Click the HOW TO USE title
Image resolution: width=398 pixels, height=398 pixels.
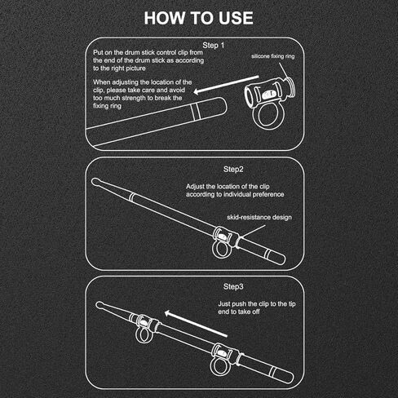[199, 18]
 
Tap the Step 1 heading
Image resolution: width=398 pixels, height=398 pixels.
[214, 46]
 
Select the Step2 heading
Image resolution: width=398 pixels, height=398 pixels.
[233, 169]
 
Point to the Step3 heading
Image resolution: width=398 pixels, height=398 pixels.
[233, 286]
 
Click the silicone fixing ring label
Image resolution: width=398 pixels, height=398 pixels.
[273, 56]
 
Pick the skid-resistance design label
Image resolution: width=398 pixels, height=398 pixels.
[259, 217]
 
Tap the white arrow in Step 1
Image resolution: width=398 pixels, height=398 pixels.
[226, 85]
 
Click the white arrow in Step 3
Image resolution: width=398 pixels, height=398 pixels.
[196, 324]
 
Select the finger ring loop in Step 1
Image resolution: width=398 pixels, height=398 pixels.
[254, 117]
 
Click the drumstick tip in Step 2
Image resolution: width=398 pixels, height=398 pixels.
[95, 182]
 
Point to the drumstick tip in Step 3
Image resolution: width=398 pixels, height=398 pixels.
[99, 305]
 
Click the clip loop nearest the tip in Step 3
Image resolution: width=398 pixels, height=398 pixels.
[137, 336]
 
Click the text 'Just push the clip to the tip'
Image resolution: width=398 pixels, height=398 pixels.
[257, 304]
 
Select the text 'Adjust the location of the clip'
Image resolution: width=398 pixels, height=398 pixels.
[228, 187]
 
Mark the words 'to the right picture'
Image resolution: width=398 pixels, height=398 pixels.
[119, 69]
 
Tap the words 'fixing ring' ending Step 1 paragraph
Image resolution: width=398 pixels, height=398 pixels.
[107, 106]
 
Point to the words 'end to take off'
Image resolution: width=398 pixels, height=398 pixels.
[239, 312]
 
